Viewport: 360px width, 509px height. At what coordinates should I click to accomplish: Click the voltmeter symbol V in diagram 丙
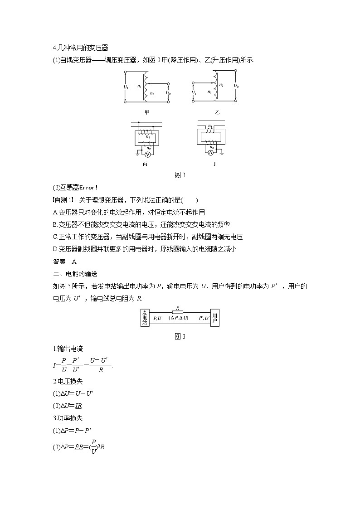click(147, 155)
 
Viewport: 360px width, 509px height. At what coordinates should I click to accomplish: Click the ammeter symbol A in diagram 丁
click(210, 154)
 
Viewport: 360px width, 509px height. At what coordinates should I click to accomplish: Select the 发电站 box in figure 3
click(145, 318)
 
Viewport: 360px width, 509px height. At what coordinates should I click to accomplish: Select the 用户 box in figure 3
click(215, 318)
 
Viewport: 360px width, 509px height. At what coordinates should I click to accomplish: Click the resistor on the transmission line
click(177, 312)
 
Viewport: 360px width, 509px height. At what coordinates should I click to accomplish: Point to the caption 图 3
click(180, 336)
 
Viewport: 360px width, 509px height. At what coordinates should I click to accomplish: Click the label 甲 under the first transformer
click(146, 112)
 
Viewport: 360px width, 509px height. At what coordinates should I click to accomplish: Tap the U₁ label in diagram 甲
click(126, 87)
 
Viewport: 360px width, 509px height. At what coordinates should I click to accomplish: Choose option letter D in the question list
click(55, 249)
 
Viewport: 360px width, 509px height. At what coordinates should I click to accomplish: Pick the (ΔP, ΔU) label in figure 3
click(179, 318)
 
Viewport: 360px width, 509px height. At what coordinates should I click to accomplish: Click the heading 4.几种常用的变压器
click(80, 48)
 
